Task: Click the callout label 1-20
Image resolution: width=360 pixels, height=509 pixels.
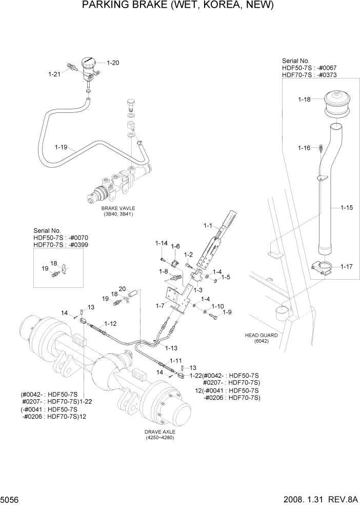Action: [x=113, y=63]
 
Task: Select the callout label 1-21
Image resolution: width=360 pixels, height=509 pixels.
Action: [x=55, y=74]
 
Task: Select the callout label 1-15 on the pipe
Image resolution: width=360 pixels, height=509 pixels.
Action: [x=347, y=208]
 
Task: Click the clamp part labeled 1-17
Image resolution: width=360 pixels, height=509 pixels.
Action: [x=323, y=268]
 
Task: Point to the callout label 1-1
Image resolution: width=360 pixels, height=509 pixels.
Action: [x=208, y=225]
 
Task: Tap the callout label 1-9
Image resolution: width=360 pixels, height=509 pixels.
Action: [x=226, y=312]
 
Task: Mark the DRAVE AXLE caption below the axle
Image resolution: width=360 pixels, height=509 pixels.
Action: [x=160, y=433]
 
